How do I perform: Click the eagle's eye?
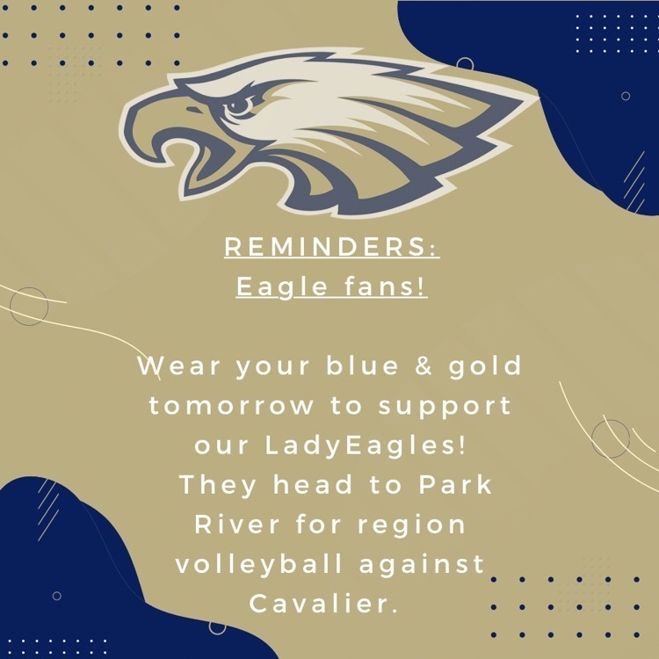(239, 106)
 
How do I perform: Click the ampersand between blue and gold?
(424, 366)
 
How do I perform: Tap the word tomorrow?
(232, 406)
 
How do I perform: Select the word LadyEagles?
(366, 446)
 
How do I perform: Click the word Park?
(455, 484)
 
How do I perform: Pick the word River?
(236, 525)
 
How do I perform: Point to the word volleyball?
(259, 564)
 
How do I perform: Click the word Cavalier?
(323, 604)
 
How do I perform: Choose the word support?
(445, 407)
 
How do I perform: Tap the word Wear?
(178, 366)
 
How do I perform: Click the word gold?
(485, 366)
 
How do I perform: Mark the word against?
(422, 565)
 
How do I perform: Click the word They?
(218, 485)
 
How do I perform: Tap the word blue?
(362, 366)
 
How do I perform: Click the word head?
(313, 484)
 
